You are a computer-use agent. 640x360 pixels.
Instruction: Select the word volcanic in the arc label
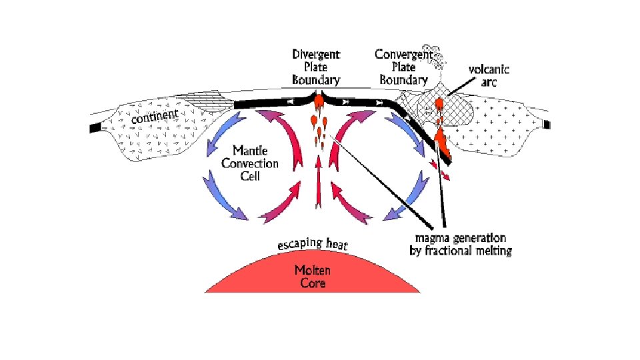point(489,69)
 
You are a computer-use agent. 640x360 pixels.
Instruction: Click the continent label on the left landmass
point(156,117)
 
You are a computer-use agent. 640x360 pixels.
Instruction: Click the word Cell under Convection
point(250,177)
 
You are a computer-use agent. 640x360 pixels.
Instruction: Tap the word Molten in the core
point(313,270)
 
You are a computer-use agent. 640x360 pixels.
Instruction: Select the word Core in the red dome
point(313,283)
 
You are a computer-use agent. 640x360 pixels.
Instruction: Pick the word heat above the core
point(337,245)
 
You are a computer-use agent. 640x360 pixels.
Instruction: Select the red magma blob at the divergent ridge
point(318,101)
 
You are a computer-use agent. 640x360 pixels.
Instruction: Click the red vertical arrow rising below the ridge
point(317,189)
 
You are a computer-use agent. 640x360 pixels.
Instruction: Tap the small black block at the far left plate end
point(95,127)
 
